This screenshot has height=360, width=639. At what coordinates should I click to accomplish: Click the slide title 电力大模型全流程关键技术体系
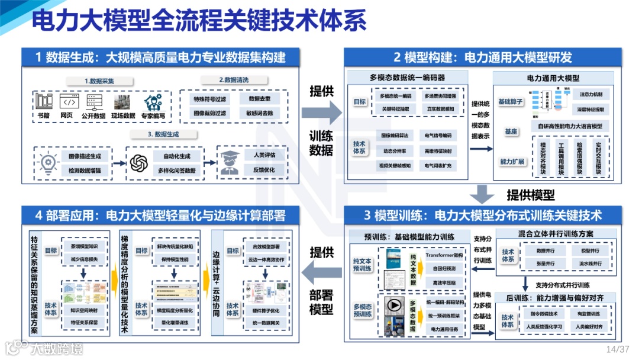coord(198,21)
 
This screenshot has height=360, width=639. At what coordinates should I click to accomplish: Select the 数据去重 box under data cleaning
coord(260,98)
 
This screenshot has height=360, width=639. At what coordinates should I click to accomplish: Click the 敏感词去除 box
coord(260,112)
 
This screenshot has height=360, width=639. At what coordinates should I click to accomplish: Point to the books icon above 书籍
coord(44,101)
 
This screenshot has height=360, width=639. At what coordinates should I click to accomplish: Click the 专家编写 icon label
coord(153,115)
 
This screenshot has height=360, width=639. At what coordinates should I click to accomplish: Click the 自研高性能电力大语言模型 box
coord(570,126)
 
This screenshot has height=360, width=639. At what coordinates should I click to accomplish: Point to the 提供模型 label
coord(530,194)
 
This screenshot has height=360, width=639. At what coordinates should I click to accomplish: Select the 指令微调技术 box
coord(541,314)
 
